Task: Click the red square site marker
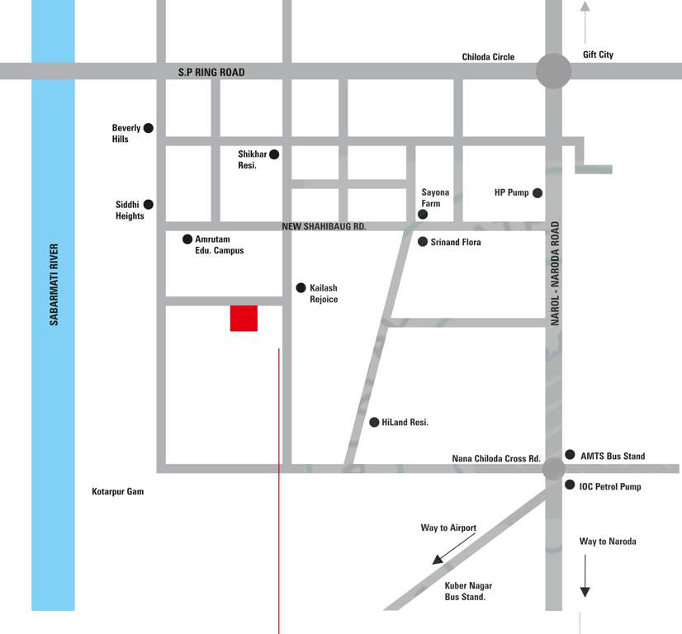tap(244, 318)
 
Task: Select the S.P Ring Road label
tap(211, 73)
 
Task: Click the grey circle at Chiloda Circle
tap(553, 71)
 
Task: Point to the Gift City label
tap(598, 55)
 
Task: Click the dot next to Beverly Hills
tap(149, 128)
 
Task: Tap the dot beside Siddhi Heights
tap(149, 204)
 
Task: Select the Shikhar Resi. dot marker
tap(274, 154)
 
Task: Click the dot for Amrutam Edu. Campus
tap(187, 239)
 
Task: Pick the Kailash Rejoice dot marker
tap(301, 287)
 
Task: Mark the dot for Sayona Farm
tap(423, 215)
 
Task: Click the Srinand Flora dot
tap(423, 242)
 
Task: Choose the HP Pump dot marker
tap(538, 193)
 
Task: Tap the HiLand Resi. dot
tap(374, 422)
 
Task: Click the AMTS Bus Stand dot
tap(570, 455)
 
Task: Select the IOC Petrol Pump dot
tap(570, 485)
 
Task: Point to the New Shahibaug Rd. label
tap(324, 226)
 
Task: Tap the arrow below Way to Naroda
tap(585, 575)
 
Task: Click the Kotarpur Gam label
tap(117, 492)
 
